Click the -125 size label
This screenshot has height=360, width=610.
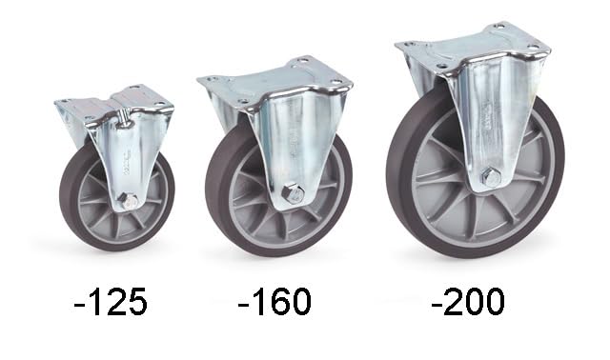coord(111,302)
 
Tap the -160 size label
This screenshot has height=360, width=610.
coord(275,302)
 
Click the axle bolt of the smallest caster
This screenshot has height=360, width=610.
coord(128,200)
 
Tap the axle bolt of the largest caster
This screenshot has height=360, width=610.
coord(490,177)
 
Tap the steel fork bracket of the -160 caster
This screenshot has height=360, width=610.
coord(286,143)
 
